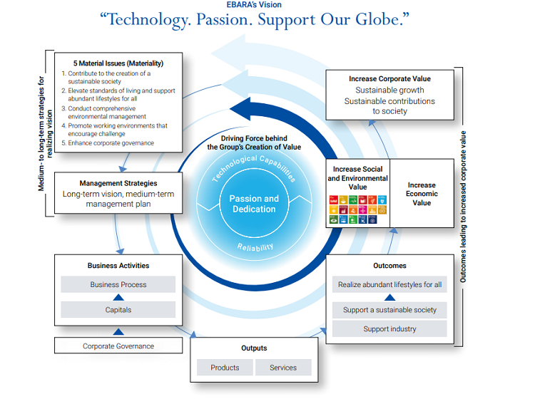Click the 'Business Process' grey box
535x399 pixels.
coord(118,284)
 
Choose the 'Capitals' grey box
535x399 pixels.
coord(118,310)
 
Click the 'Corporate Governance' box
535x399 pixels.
coord(118,346)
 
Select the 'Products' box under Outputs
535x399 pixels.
coord(225,368)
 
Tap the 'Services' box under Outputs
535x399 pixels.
coord(283,368)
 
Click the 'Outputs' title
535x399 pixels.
coord(254,348)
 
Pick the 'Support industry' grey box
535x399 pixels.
coord(389,329)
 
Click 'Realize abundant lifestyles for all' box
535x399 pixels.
coord(389,284)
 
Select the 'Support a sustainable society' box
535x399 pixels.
coord(389,310)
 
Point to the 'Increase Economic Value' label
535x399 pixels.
coord(422,193)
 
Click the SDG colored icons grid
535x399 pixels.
coord(357,209)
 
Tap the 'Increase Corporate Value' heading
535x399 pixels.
coord(389,78)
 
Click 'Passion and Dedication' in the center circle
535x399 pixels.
coord(254,204)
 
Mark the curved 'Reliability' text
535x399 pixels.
coord(255,246)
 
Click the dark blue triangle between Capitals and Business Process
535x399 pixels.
coord(118,297)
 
